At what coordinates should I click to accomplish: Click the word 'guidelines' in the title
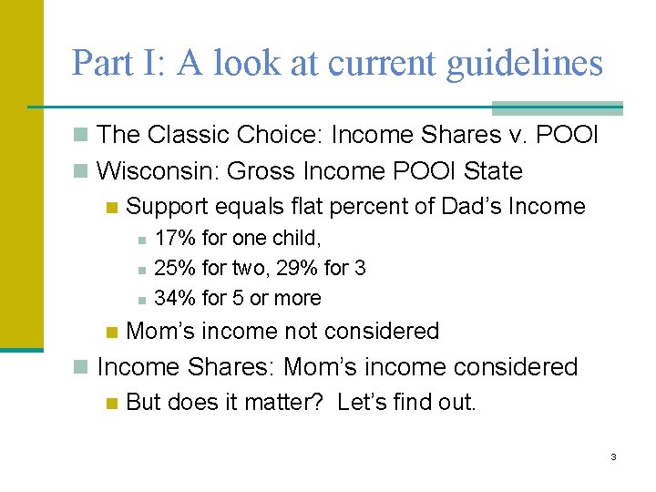[524, 63]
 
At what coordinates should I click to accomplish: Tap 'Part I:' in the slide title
[118, 63]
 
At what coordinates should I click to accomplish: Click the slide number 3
[613, 456]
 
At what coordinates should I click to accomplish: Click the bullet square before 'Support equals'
[111, 208]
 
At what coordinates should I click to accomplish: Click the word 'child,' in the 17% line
[294, 239]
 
